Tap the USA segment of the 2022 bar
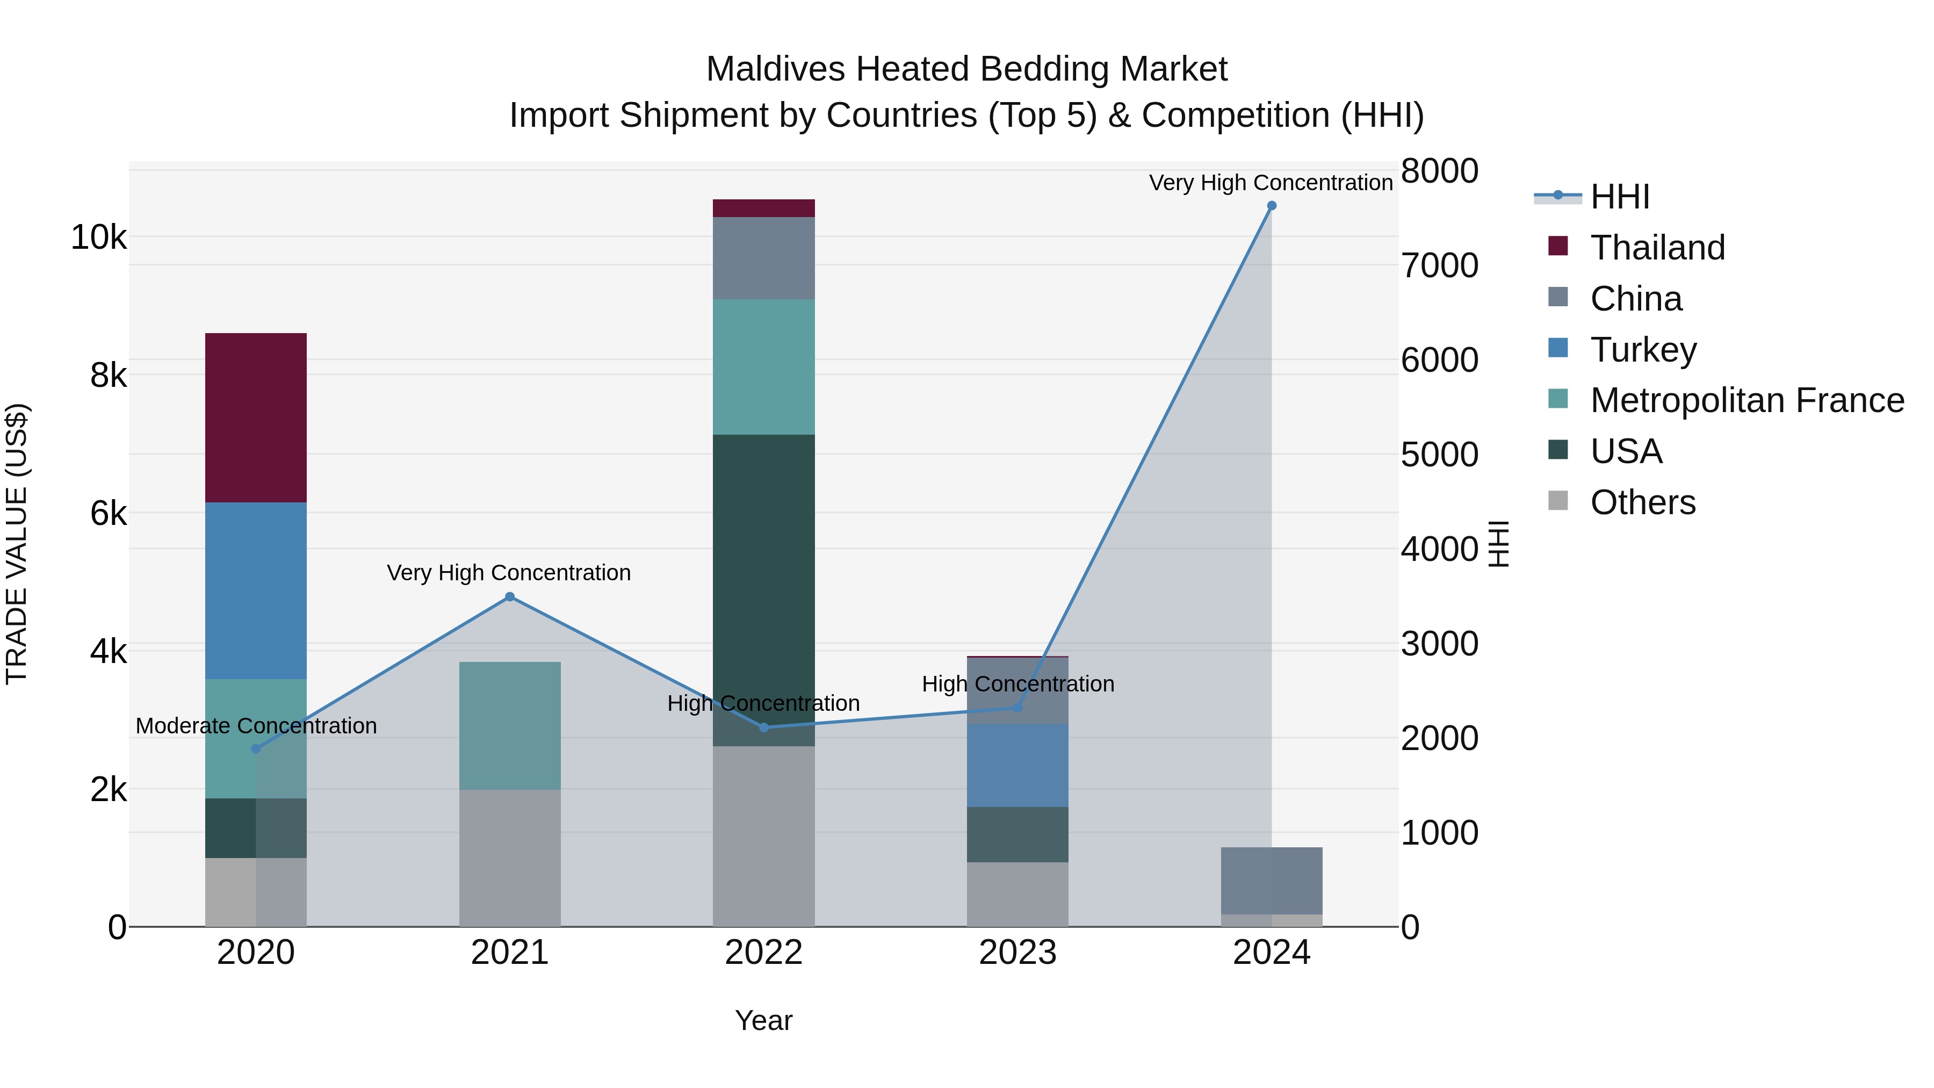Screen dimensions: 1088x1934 pos(763,571)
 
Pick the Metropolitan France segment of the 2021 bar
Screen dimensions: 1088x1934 pos(510,725)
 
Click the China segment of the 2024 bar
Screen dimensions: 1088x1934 pos(1271,881)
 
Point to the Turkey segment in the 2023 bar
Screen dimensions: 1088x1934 pos(1017,765)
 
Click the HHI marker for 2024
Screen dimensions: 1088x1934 pos(1271,206)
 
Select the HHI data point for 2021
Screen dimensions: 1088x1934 pos(510,597)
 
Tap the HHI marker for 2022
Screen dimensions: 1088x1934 pos(763,727)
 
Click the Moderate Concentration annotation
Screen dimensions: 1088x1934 pos(256,726)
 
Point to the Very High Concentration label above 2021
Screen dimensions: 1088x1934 pos(508,573)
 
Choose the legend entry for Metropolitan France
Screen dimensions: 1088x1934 pos(1747,400)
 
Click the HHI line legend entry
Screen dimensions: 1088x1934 pos(1619,197)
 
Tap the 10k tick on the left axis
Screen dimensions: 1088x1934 pos(98,237)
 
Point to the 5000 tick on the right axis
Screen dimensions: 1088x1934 pos(1439,455)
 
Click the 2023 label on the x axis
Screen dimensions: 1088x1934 pos(1017,953)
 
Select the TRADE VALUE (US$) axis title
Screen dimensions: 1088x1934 pos(17,544)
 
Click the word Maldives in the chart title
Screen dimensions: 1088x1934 pos(775,69)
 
